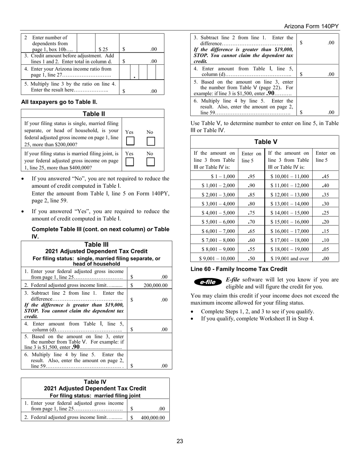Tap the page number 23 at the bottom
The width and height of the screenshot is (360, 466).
[x=180, y=441]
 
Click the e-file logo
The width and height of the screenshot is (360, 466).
[x=208, y=282]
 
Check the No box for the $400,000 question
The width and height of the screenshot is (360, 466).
[x=150, y=162]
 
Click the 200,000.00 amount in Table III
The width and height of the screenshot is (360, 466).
[x=155, y=285]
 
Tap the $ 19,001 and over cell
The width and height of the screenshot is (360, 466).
[x=290, y=258]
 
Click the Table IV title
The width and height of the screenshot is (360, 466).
[x=95, y=382]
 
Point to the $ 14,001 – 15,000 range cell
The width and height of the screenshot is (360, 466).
[x=290, y=213]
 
